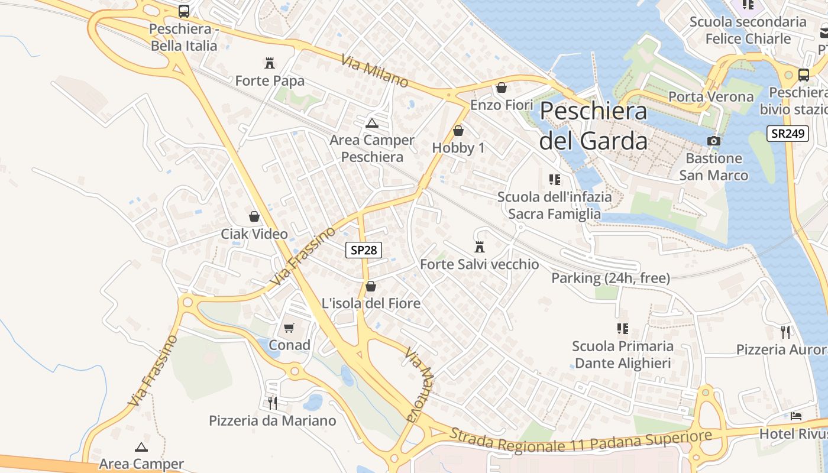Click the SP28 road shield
coord(363,250)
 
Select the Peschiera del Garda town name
coord(593,126)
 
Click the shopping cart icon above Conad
coord(289,328)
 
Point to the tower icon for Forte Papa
coord(270,63)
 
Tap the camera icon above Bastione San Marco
coord(714,141)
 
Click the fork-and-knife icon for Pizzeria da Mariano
coord(273,403)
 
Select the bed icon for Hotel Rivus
coord(796,416)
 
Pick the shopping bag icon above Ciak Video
coord(254,216)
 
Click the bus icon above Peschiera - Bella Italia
coord(184,11)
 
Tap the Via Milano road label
coord(374,70)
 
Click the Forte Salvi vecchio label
coord(479,264)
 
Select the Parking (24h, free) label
coord(610,278)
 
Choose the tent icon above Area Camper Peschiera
coord(371,123)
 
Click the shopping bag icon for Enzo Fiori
coord(502,88)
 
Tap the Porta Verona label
coord(711,96)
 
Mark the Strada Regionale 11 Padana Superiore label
coord(580,440)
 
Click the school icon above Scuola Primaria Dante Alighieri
coord(622,328)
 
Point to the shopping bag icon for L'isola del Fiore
coord(371,286)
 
